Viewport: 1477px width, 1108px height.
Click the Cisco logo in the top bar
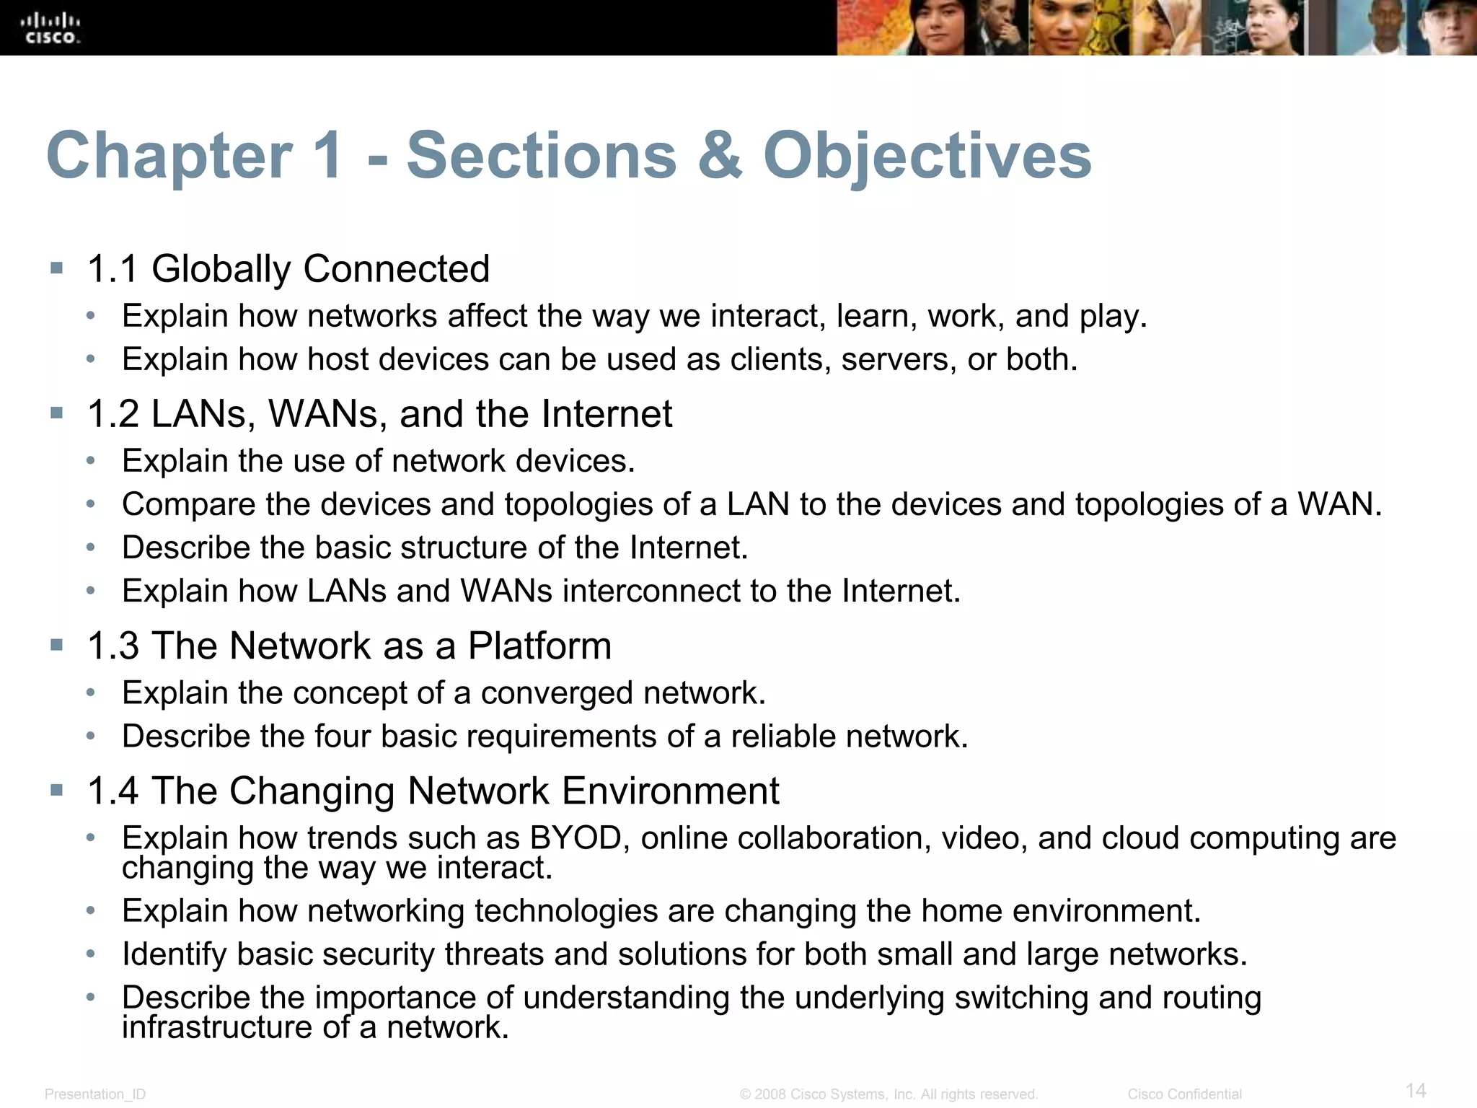pos(50,28)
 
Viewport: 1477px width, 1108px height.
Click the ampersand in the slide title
pos(719,156)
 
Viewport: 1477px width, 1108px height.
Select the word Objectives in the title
pos(927,157)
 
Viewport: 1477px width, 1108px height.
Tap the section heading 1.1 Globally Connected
pos(288,269)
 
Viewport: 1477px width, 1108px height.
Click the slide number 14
pos(1416,1090)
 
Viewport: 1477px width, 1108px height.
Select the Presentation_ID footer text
pos(95,1094)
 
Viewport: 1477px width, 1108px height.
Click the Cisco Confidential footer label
pos(1184,1094)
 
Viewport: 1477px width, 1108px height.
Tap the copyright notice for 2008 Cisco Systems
pos(889,1094)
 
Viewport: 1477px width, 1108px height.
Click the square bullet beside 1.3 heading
pos(57,644)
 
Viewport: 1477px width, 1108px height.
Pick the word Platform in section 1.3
pos(539,646)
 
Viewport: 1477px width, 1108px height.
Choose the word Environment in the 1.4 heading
pos(671,791)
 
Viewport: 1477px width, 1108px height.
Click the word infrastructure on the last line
pos(217,1027)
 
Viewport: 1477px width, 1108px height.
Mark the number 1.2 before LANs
pos(113,414)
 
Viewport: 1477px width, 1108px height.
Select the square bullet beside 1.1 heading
pos(57,269)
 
